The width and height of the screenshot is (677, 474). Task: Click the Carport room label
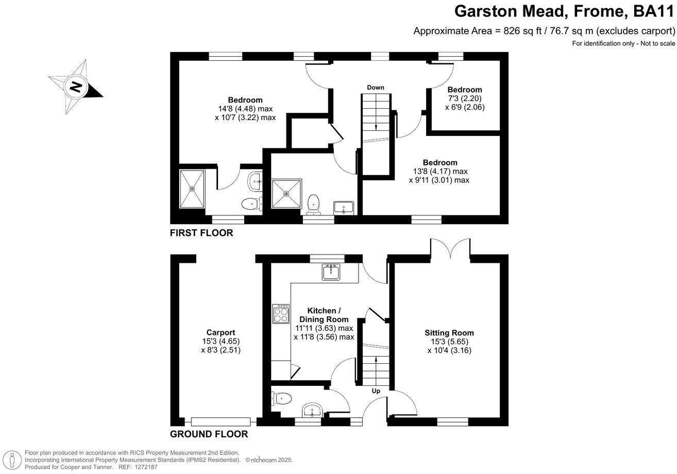click(221, 332)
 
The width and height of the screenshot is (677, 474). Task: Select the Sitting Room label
click(449, 333)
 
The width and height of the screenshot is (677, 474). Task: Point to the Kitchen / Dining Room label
click(324, 315)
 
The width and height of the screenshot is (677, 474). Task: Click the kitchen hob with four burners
click(281, 313)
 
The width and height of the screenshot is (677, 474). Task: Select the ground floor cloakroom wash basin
click(312, 411)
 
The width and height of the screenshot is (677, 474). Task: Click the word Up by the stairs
click(376, 391)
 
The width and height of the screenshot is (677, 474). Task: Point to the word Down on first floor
click(376, 87)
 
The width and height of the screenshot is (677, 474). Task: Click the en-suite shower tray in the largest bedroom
click(192, 189)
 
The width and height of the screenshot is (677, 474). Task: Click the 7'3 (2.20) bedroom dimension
click(465, 98)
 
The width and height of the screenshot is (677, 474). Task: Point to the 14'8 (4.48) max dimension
click(245, 109)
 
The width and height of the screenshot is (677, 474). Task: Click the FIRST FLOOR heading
click(201, 233)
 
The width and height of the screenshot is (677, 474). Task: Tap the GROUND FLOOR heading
click(209, 434)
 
